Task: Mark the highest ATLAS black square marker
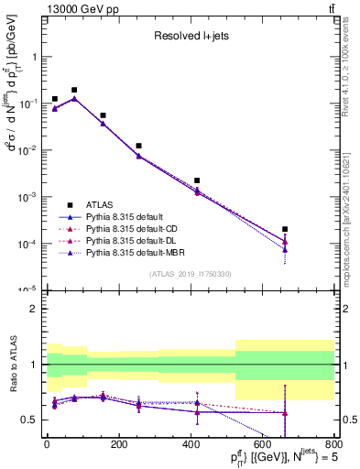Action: pos(74,90)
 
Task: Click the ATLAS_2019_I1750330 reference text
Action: pos(190,274)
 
